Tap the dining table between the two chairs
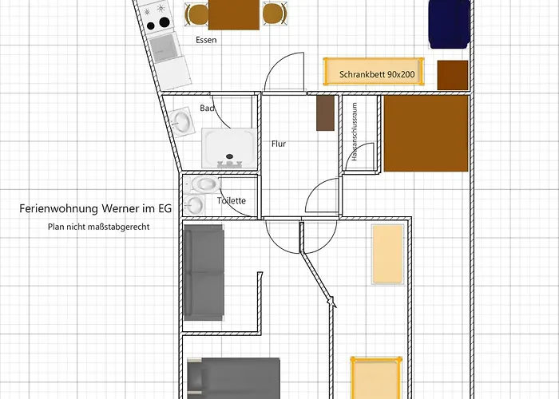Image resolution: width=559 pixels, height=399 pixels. click(x=234, y=14)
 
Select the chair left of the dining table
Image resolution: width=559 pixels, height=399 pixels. click(x=196, y=14)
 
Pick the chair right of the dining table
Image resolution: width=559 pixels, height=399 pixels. click(x=274, y=14)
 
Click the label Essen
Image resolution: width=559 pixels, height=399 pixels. click(x=206, y=39)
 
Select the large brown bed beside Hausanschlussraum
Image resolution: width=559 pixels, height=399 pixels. click(x=425, y=134)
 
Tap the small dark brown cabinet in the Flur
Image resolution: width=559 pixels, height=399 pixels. click(x=325, y=113)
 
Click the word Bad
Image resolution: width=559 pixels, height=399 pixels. click(x=207, y=108)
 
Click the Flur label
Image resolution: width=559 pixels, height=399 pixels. click(x=278, y=144)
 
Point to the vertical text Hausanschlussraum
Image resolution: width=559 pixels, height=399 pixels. click(x=354, y=136)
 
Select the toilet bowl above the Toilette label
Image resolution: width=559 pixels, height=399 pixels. click(x=204, y=184)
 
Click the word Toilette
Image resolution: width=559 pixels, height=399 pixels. click(x=232, y=201)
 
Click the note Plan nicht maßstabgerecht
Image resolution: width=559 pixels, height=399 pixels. click(x=99, y=227)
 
